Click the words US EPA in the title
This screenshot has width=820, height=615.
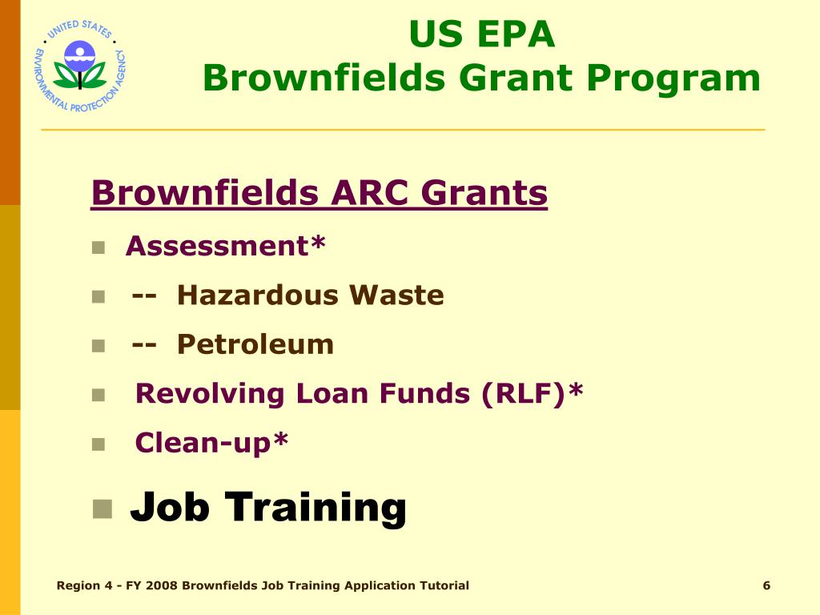click(481, 34)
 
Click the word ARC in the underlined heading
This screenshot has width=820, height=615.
click(370, 193)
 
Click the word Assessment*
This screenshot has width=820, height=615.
click(226, 246)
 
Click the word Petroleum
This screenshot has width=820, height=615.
click(255, 344)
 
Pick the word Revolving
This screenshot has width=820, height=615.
click(210, 393)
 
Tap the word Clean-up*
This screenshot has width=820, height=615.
click(211, 442)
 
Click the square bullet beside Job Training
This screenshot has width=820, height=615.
click(102, 508)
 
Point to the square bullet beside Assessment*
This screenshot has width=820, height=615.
click(98, 247)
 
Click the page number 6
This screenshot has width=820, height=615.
click(766, 585)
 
